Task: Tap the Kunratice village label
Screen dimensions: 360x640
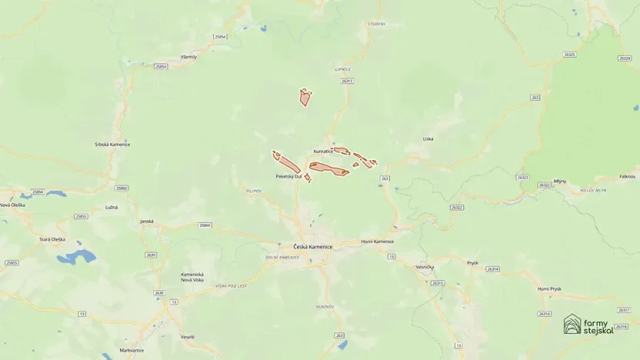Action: pyautogui.click(x=323, y=152)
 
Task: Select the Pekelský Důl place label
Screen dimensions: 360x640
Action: pyautogui.click(x=288, y=176)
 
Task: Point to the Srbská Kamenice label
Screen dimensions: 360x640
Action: pyautogui.click(x=112, y=144)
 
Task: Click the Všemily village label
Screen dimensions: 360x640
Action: pyautogui.click(x=188, y=57)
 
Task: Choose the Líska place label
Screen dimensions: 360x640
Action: pyautogui.click(x=428, y=138)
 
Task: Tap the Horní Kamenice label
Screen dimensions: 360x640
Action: pyautogui.click(x=377, y=242)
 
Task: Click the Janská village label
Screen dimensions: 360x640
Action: pyautogui.click(x=147, y=222)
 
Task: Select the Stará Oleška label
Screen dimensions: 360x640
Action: pyautogui.click(x=52, y=239)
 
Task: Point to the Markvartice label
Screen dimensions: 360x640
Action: pyautogui.click(x=132, y=350)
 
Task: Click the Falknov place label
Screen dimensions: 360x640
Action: pyautogui.click(x=627, y=176)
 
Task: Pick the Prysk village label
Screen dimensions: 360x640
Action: pyautogui.click(x=472, y=262)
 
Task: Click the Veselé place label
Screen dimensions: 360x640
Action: pyautogui.click(x=188, y=337)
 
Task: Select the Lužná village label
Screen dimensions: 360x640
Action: pyautogui.click(x=112, y=208)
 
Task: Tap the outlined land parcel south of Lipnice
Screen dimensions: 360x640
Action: pyautogui.click(x=305, y=97)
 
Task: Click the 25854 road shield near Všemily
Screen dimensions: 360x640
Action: pyautogui.click(x=160, y=66)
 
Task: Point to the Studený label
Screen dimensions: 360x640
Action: pyautogui.click(x=375, y=23)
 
